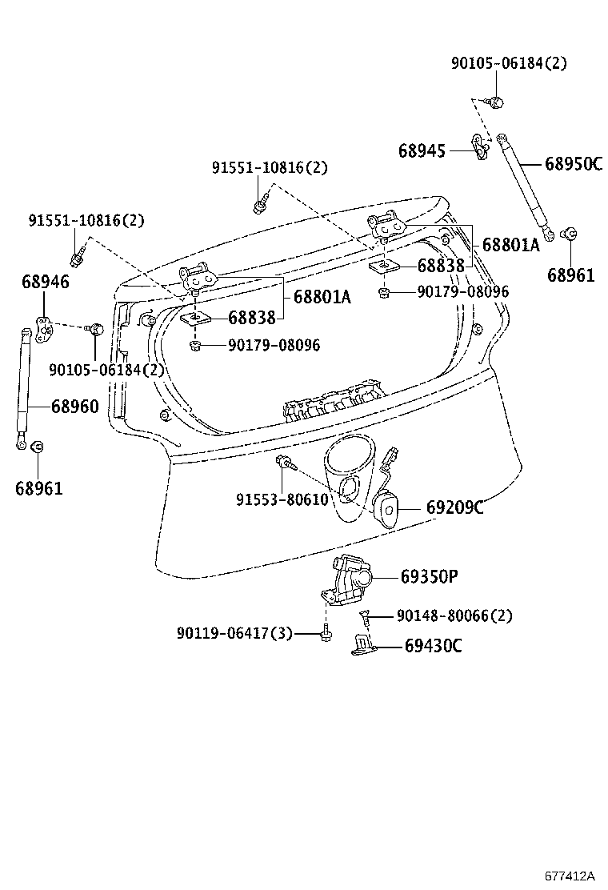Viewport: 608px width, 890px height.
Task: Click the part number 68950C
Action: [573, 164]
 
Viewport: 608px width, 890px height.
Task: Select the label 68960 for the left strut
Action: [75, 407]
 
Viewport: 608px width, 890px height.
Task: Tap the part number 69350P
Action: [429, 576]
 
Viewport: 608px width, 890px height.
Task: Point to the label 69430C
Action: [433, 646]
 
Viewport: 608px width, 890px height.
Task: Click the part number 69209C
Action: [454, 508]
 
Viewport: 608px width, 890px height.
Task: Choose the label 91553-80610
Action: [282, 499]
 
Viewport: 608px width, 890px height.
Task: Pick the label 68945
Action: [423, 150]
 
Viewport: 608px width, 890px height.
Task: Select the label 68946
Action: [45, 282]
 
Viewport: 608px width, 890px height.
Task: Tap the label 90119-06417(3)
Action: [234, 633]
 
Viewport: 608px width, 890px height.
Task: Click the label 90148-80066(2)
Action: [454, 615]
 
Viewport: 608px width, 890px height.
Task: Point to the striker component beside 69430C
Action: [364, 646]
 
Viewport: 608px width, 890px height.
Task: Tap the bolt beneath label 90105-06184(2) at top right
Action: [495, 102]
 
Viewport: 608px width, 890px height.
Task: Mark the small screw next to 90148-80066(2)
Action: [366, 617]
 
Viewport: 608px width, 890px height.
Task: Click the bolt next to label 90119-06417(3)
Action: [326, 634]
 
